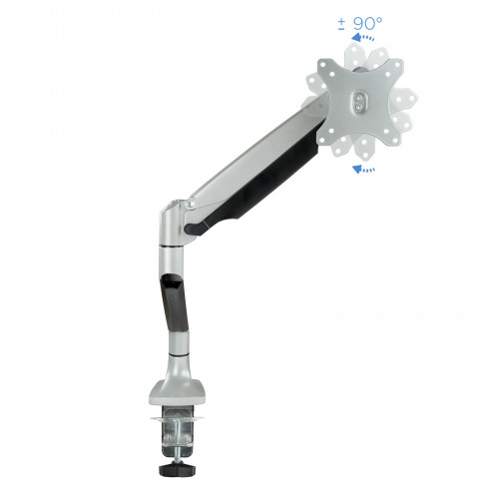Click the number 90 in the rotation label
point(363,24)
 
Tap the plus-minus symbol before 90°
point(341,24)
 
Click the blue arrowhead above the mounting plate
point(356,37)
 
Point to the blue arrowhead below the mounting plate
point(357,169)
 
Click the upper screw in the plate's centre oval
point(358,99)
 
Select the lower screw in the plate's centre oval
point(358,107)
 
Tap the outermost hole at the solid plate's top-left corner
point(323,64)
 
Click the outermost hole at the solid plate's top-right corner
point(398,64)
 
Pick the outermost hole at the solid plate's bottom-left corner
point(321,141)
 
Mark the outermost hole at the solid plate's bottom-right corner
point(396,141)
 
